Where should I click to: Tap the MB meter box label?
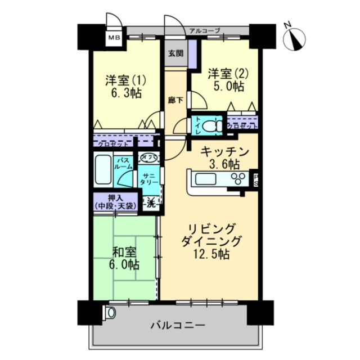pos(114,38)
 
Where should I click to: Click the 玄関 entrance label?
pos(175,53)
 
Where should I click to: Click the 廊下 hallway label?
pos(175,101)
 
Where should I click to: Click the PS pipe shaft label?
pos(255,179)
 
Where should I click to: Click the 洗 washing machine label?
pos(151,204)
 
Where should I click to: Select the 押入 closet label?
pos(114,198)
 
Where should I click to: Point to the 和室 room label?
pos(124,251)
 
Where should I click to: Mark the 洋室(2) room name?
pos(226,74)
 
